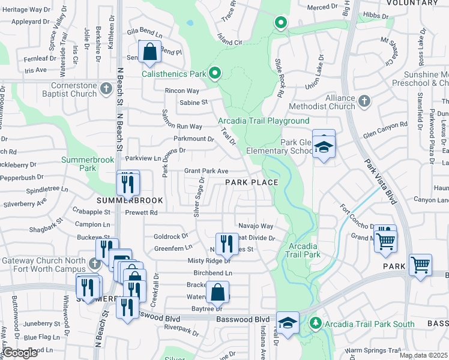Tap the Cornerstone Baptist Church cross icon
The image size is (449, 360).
106,89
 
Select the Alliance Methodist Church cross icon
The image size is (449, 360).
364,101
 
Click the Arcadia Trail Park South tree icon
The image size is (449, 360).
315,323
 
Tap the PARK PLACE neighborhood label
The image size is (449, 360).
252,182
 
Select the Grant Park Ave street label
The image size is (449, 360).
206,171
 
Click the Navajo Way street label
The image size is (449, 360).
256,226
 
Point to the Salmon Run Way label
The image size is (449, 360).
182,127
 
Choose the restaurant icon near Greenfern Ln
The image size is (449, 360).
226,242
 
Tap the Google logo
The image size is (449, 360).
20,353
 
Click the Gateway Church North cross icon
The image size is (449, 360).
93,263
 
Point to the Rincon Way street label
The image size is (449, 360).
182,91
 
